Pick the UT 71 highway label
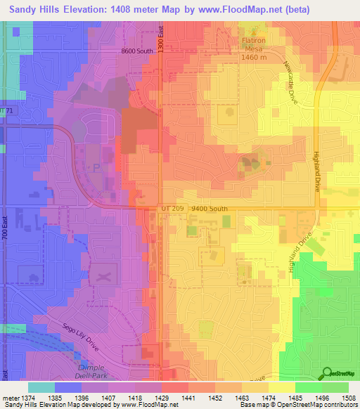pyautogui.click(x=7, y=112)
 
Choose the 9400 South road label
pyautogui.click(x=210, y=209)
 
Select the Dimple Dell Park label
pyautogui.click(x=90, y=372)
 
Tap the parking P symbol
pyautogui.click(x=96, y=167)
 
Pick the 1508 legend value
pyautogui.click(x=349, y=398)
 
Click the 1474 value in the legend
pyautogui.click(x=269, y=398)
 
